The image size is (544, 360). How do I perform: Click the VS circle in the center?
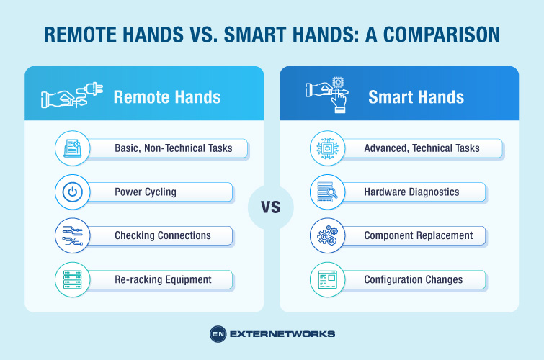[272, 208]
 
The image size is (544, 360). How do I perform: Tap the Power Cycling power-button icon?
[72, 192]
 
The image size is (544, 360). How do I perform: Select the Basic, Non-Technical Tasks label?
[173, 148]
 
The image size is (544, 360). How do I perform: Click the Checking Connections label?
[163, 235]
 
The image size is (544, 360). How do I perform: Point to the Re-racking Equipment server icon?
[72, 279]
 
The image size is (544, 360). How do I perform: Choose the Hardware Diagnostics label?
[411, 192]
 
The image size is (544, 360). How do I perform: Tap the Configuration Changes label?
[414, 279]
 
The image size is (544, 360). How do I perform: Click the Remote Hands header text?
[167, 96]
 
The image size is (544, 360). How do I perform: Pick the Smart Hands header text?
[416, 96]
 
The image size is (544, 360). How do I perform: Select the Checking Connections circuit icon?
[72, 235]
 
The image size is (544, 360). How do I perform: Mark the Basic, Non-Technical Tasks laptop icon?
[72, 148]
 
